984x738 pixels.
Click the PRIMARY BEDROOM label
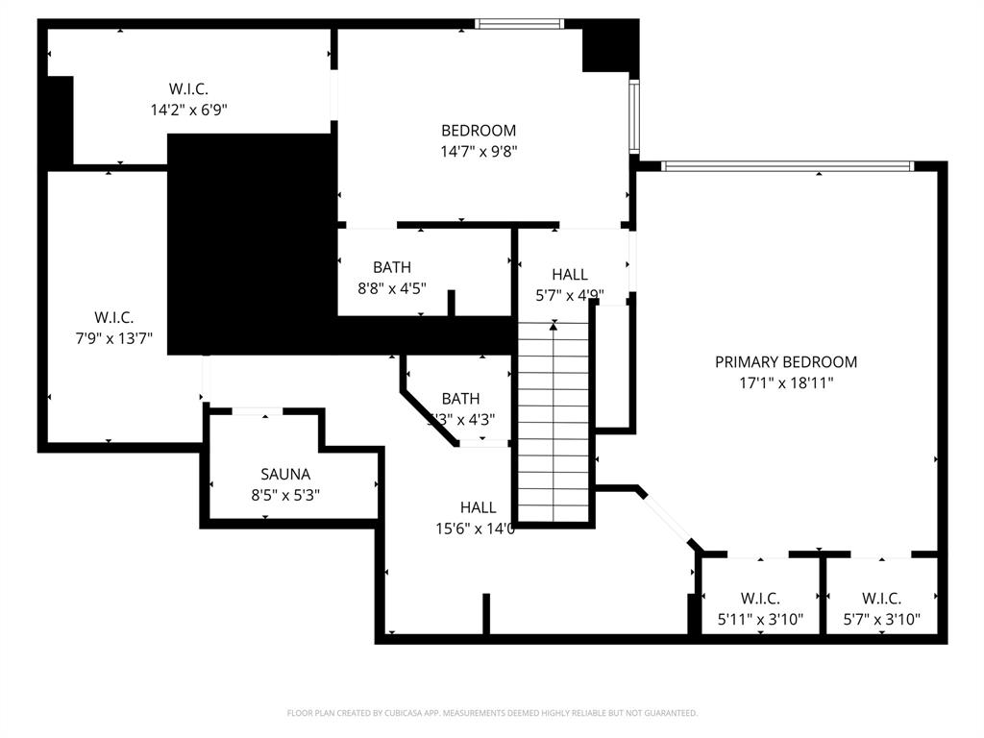(x=785, y=362)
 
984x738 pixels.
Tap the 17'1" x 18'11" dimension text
(x=785, y=382)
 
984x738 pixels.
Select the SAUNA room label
(x=285, y=475)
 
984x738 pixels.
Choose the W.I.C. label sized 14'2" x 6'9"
(x=188, y=89)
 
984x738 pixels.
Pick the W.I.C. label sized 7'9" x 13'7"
(x=113, y=317)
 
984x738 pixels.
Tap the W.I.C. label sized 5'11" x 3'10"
(x=760, y=599)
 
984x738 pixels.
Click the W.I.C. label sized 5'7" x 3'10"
(x=881, y=599)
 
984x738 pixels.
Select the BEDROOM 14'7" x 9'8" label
(x=479, y=131)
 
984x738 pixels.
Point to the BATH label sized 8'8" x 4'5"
(x=392, y=267)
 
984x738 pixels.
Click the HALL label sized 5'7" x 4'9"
(x=570, y=275)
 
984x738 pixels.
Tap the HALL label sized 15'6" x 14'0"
(x=478, y=507)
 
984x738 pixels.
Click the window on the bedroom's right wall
(x=634, y=116)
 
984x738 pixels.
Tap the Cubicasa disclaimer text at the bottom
(x=492, y=713)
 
